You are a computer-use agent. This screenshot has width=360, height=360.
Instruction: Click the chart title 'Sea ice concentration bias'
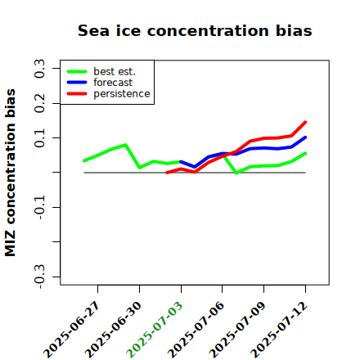click(195, 30)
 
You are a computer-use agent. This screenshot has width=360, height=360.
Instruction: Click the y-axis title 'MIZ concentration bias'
click(10, 173)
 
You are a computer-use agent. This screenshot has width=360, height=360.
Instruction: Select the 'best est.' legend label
click(115, 71)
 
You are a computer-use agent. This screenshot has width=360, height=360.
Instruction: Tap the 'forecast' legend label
click(113, 83)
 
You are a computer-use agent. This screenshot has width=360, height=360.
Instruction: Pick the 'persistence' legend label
click(122, 94)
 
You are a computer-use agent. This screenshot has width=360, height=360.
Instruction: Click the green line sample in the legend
click(77, 71)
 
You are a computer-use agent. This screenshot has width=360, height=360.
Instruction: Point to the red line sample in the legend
click(77, 94)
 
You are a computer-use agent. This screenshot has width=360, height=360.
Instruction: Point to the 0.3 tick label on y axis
click(39, 69)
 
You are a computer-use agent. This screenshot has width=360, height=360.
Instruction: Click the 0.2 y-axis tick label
click(39, 103)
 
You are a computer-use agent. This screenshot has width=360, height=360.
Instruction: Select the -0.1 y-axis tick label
click(39, 208)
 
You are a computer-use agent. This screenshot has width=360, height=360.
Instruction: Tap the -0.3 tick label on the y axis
click(39, 277)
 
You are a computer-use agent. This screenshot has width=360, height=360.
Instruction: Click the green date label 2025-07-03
click(155, 330)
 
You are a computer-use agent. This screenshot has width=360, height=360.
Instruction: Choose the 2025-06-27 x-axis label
click(71, 330)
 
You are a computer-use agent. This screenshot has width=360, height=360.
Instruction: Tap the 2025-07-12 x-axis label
click(279, 330)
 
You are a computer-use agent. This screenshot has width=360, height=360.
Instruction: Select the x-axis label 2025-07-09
click(237, 330)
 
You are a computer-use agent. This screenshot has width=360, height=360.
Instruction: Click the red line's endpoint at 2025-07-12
click(305, 122)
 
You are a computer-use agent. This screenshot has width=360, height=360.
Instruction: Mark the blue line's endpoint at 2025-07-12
click(305, 137)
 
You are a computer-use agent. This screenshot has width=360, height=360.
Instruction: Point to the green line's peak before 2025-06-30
click(125, 145)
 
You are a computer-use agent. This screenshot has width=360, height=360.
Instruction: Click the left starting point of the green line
click(84, 160)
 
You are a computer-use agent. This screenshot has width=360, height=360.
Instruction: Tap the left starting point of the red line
click(167, 173)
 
